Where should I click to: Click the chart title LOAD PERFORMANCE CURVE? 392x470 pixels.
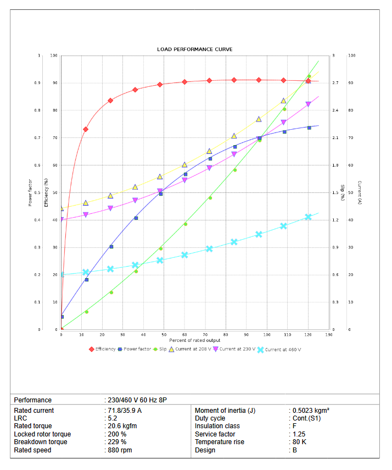coord(194,49)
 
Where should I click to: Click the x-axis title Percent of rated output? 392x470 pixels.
coord(194,341)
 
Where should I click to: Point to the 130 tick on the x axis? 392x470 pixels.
coord(328,334)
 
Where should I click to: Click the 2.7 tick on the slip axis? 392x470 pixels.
coord(335,83)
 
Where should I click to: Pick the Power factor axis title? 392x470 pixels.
coord(30,192)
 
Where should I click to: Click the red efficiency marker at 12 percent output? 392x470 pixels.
coord(86,129)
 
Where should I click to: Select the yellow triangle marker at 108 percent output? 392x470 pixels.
coord(284,101)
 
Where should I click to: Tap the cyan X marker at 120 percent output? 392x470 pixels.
coord(308,217)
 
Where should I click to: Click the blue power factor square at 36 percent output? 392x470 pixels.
coord(136,218)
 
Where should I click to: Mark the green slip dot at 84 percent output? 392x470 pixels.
coord(234,170)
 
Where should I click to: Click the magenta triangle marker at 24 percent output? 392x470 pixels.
coord(110,208)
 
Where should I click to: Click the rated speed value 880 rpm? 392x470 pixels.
coord(120,450)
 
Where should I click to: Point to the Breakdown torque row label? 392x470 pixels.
coord(41,442)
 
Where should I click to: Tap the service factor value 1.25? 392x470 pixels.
coord(300,434)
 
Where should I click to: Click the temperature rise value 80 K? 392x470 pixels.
coord(299,442)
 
